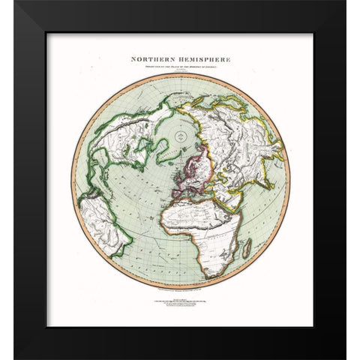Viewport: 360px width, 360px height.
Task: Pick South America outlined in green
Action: pos(105,225)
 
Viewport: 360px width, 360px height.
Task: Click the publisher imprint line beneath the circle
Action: pos(180,287)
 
